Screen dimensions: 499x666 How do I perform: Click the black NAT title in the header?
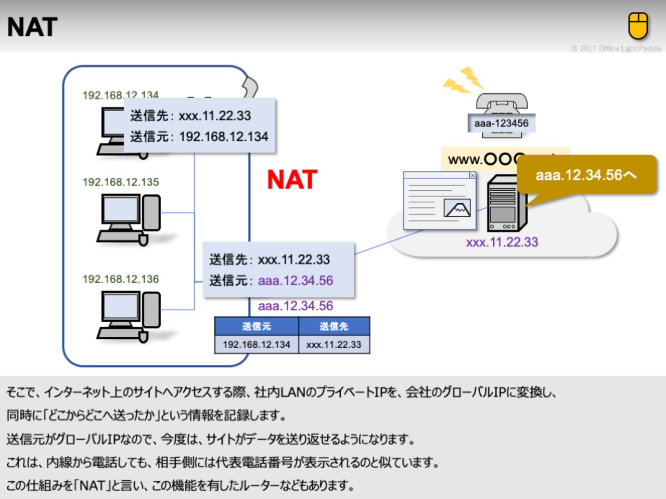tap(32, 27)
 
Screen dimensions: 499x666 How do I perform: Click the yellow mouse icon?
tap(638, 26)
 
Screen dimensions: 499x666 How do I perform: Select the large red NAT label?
tap(292, 180)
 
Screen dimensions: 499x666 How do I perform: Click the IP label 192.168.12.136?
tap(121, 279)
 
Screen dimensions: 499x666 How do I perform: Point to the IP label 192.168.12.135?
tap(121, 182)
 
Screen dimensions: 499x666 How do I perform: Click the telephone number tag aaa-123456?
tap(501, 123)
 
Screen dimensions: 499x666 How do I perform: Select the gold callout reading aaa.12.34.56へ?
tap(586, 175)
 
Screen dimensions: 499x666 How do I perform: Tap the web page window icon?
tap(440, 201)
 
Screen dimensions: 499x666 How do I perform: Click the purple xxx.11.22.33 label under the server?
tap(502, 242)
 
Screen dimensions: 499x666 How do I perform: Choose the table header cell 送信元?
tap(257, 326)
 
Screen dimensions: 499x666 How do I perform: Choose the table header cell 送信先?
tap(334, 326)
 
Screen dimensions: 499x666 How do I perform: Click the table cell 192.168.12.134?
tap(257, 345)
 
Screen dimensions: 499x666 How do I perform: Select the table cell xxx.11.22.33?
tap(334, 345)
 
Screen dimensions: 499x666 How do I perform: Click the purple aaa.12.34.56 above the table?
tap(296, 306)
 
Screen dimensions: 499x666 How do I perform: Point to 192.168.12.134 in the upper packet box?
tap(224, 137)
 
